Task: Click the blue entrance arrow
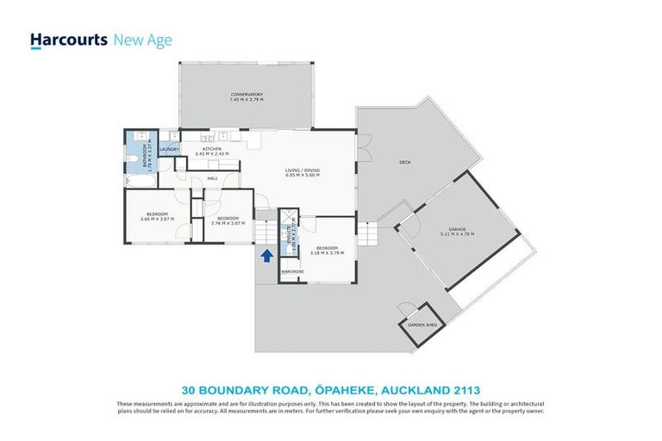click(266, 254)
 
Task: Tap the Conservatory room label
click(247, 94)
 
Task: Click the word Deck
click(404, 163)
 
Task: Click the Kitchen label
click(213, 149)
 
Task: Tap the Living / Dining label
click(302, 170)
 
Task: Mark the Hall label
click(212, 178)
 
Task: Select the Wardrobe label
click(292, 272)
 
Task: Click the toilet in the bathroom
click(133, 159)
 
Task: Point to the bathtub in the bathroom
click(138, 182)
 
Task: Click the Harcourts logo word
click(69, 40)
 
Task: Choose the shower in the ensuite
click(289, 219)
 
